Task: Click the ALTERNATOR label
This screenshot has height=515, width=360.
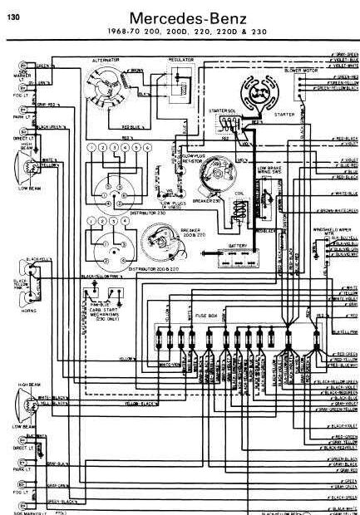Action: tap(106, 60)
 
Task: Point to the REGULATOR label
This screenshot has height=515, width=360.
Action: tap(180, 60)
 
